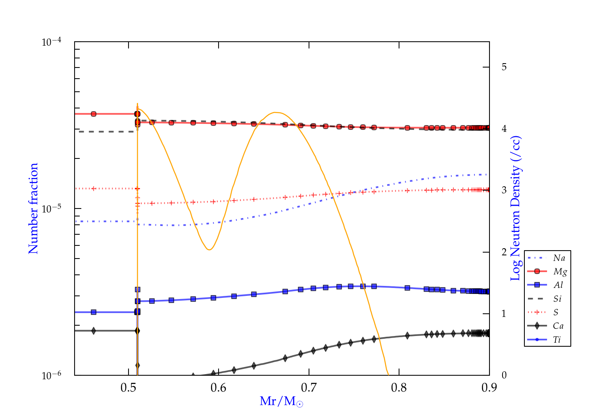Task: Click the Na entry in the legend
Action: point(559,258)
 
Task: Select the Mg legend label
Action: point(560,272)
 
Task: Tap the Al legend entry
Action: point(558,285)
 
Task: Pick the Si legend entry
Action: point(557,299)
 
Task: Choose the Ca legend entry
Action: point(558,326)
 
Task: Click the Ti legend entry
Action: point(557,340)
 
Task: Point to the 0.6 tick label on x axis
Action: point(219,388)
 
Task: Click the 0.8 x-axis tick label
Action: point(399,388)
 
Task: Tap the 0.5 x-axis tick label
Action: point(129,388)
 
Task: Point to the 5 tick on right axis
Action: point(504,67)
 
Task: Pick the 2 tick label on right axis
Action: point(504,252)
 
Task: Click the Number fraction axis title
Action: point(33,208)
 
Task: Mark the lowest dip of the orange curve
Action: point(209,249)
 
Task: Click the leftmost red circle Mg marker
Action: point(94,114)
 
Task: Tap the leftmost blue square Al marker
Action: point(94,312)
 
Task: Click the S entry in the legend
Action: point(556,313)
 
